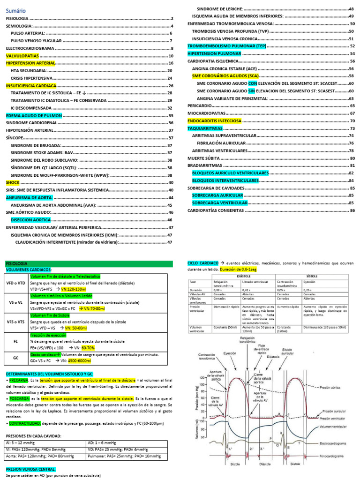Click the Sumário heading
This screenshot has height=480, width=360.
point(16,10)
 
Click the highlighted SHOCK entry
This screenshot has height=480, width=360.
point(13,182)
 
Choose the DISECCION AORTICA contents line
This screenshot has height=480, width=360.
point(30,220)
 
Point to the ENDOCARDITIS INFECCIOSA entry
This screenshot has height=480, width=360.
point(214,121)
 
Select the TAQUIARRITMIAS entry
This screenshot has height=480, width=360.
point(205,128)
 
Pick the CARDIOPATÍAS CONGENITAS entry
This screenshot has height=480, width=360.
point(216,210)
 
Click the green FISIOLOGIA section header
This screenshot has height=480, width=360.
point(17,264)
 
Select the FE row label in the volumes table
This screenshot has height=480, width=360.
point(16,342)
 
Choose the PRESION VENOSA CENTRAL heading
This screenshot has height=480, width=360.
point(30,469)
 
